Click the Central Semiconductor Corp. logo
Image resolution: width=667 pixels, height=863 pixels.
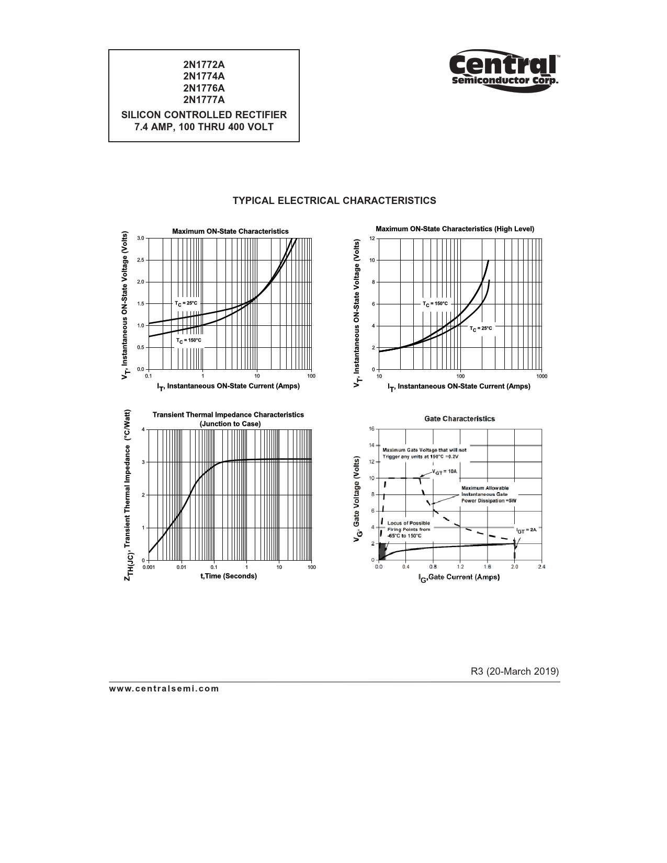[504, 70]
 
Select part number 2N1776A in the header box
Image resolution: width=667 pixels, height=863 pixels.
[204, 88]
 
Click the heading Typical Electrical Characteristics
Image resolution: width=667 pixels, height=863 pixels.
[334, 201]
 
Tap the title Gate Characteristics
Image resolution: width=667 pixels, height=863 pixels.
[459, 418]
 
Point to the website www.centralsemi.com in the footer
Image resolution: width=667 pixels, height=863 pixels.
[164, 688]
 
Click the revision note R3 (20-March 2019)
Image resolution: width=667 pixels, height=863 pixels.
[515, 671]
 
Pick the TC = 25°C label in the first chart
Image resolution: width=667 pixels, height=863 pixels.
[186, 303]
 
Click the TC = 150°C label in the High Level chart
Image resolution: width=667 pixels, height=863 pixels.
[435, 303]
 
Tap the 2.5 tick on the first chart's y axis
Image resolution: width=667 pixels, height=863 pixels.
[141, 260]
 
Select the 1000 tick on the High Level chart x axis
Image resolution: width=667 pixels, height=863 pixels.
[541, 376]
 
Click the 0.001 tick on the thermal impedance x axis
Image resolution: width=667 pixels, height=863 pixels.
[149, 567]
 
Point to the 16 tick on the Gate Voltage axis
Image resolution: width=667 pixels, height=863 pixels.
[371, 429]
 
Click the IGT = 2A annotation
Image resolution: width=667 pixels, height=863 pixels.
[526, 530]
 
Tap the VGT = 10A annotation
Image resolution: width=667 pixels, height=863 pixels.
[445, 471]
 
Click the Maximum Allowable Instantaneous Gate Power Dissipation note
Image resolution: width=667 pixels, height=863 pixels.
[488, 494]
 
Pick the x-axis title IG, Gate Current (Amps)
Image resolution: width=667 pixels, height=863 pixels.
[459, 577]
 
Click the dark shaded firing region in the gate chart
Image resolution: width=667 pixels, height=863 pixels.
[382, 551]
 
